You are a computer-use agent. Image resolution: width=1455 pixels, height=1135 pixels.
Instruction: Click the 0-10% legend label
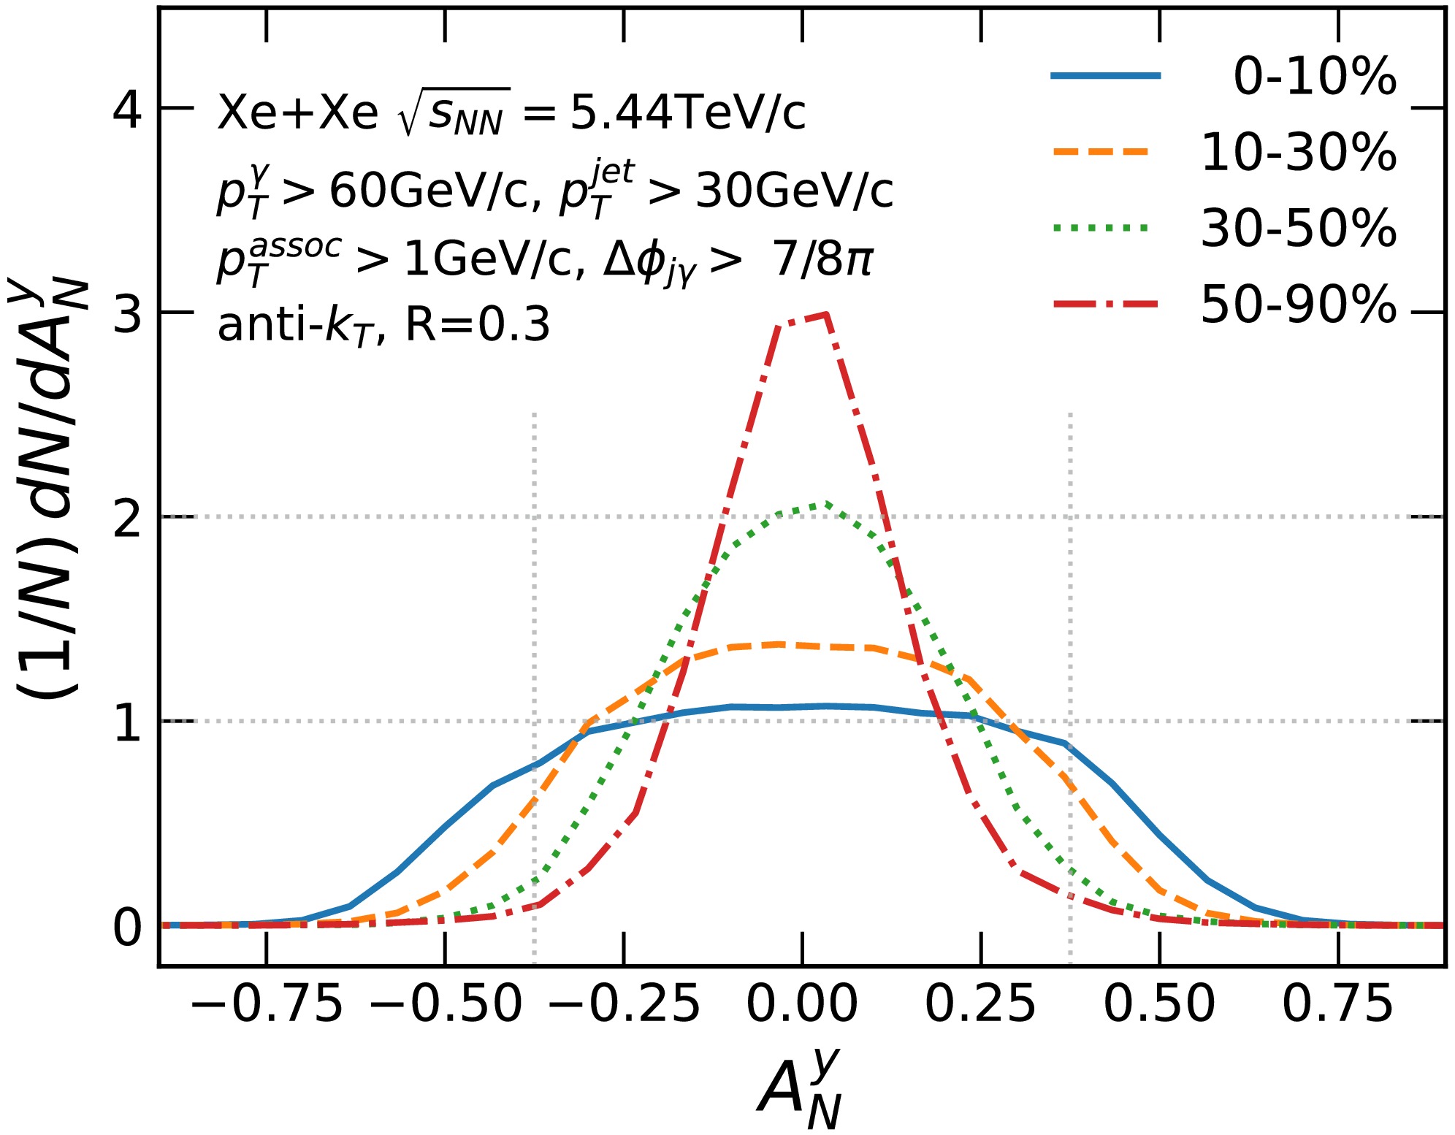1314,77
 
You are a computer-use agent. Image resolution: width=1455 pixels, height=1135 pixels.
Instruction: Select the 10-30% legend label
1298,153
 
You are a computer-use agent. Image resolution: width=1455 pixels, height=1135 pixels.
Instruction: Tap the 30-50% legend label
1298,229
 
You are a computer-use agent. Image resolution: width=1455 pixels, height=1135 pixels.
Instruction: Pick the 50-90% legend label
1298,305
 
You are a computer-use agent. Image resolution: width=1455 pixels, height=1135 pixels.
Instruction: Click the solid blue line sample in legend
1105,76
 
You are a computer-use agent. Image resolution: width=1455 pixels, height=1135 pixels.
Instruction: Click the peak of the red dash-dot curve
825,314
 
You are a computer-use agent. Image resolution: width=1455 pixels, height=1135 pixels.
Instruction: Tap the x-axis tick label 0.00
802,1004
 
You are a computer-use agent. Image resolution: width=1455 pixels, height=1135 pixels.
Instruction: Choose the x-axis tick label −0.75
267,1004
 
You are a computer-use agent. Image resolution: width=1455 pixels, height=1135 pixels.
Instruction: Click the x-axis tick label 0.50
1159,1004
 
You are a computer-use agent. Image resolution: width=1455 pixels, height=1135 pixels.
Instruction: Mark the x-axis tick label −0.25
624,1004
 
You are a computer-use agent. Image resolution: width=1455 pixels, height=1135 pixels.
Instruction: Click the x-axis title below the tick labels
801,1088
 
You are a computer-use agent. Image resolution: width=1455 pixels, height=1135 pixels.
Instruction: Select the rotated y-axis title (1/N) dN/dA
48,489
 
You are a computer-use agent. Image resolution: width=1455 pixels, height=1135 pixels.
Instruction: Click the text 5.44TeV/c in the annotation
687,114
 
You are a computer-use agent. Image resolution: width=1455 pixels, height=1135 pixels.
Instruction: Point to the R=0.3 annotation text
477,325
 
